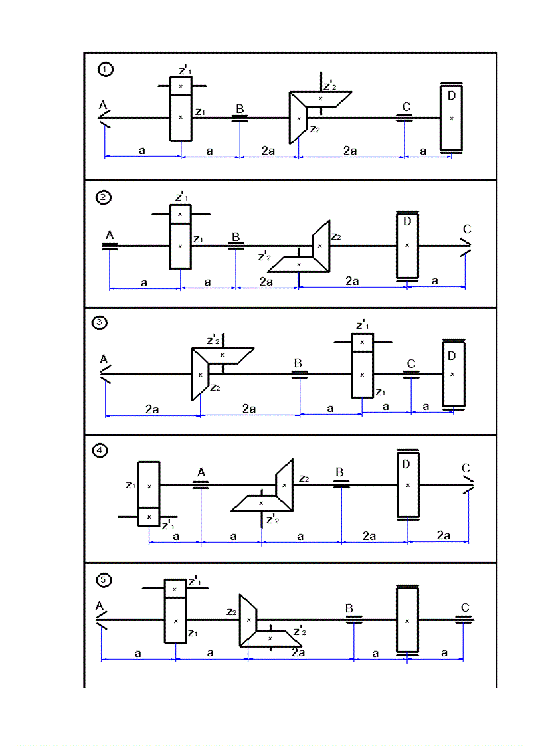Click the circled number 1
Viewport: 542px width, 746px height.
(104, 69)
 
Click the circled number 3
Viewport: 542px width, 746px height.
(98, 324)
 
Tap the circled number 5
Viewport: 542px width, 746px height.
(104, 580)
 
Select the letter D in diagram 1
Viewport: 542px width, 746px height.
(452, 96)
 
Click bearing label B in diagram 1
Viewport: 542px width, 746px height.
(240, 108)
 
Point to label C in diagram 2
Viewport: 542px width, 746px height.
(467, 230)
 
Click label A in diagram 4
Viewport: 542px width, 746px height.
(201, 472)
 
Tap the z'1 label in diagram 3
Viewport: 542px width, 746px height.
(363, 325)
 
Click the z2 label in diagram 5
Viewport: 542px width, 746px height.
(231, 611)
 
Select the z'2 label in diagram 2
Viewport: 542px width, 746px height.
(264, 256)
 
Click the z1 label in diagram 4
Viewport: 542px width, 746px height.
(130, 485)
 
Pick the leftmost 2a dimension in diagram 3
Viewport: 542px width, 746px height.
(152, 409)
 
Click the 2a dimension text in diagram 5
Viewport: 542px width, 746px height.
(298, 652)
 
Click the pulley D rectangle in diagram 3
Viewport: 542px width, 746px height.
(453, 374)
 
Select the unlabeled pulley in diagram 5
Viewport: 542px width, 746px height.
(407, 620)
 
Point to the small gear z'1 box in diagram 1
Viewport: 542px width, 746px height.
(180, 86)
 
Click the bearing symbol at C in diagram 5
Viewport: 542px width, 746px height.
(464, 620)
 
